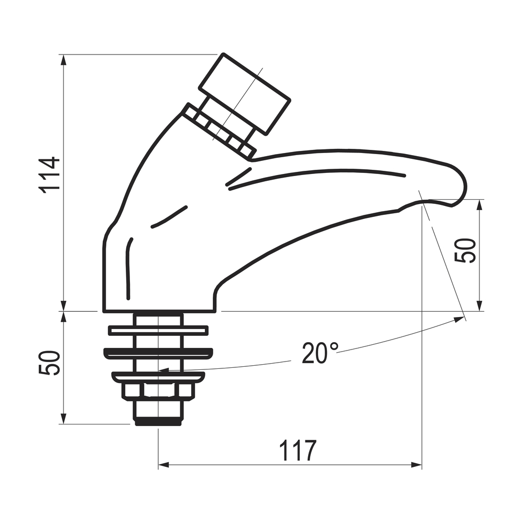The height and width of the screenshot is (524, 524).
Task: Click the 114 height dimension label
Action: click(x=50, y=175)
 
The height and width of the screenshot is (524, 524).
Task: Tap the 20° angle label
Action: click(x=320, y=353)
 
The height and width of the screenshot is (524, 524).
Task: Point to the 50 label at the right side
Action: click(x=465, y=250)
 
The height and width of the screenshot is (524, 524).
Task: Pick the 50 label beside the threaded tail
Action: click(x=50, y=363)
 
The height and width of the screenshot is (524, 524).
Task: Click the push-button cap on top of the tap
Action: click(x=245, y=94)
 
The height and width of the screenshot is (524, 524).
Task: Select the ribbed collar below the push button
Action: click(x=220, y=132)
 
